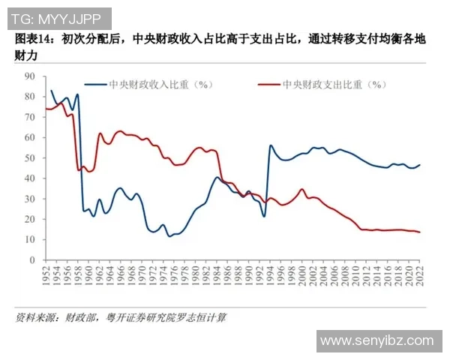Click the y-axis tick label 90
30,76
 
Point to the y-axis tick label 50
30,158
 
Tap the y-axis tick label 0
32,260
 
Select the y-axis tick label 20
30,220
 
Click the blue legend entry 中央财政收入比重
150,85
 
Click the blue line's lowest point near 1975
169,236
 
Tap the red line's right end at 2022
419,232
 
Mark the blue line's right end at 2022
419,165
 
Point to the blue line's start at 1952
51,91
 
